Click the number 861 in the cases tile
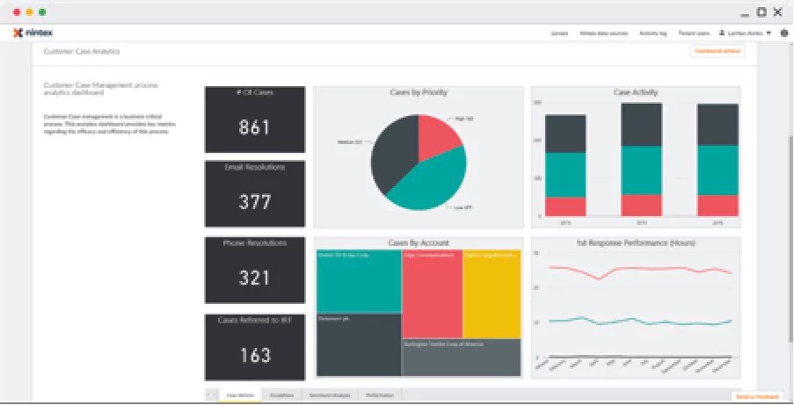click(x=254, y=127)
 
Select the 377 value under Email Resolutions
click(x=254, y=202)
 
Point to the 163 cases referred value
click(x=254, y=355)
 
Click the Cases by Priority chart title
click(x=418, y=91)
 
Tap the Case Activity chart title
click(x=635, y=91)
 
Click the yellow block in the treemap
click(x=492, y=294)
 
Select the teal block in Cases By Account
click(x=358, y=281)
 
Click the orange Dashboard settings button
click(x=718, y=51)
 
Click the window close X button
click(x=776, y=12)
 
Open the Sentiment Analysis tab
click(x=329, y=395)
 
